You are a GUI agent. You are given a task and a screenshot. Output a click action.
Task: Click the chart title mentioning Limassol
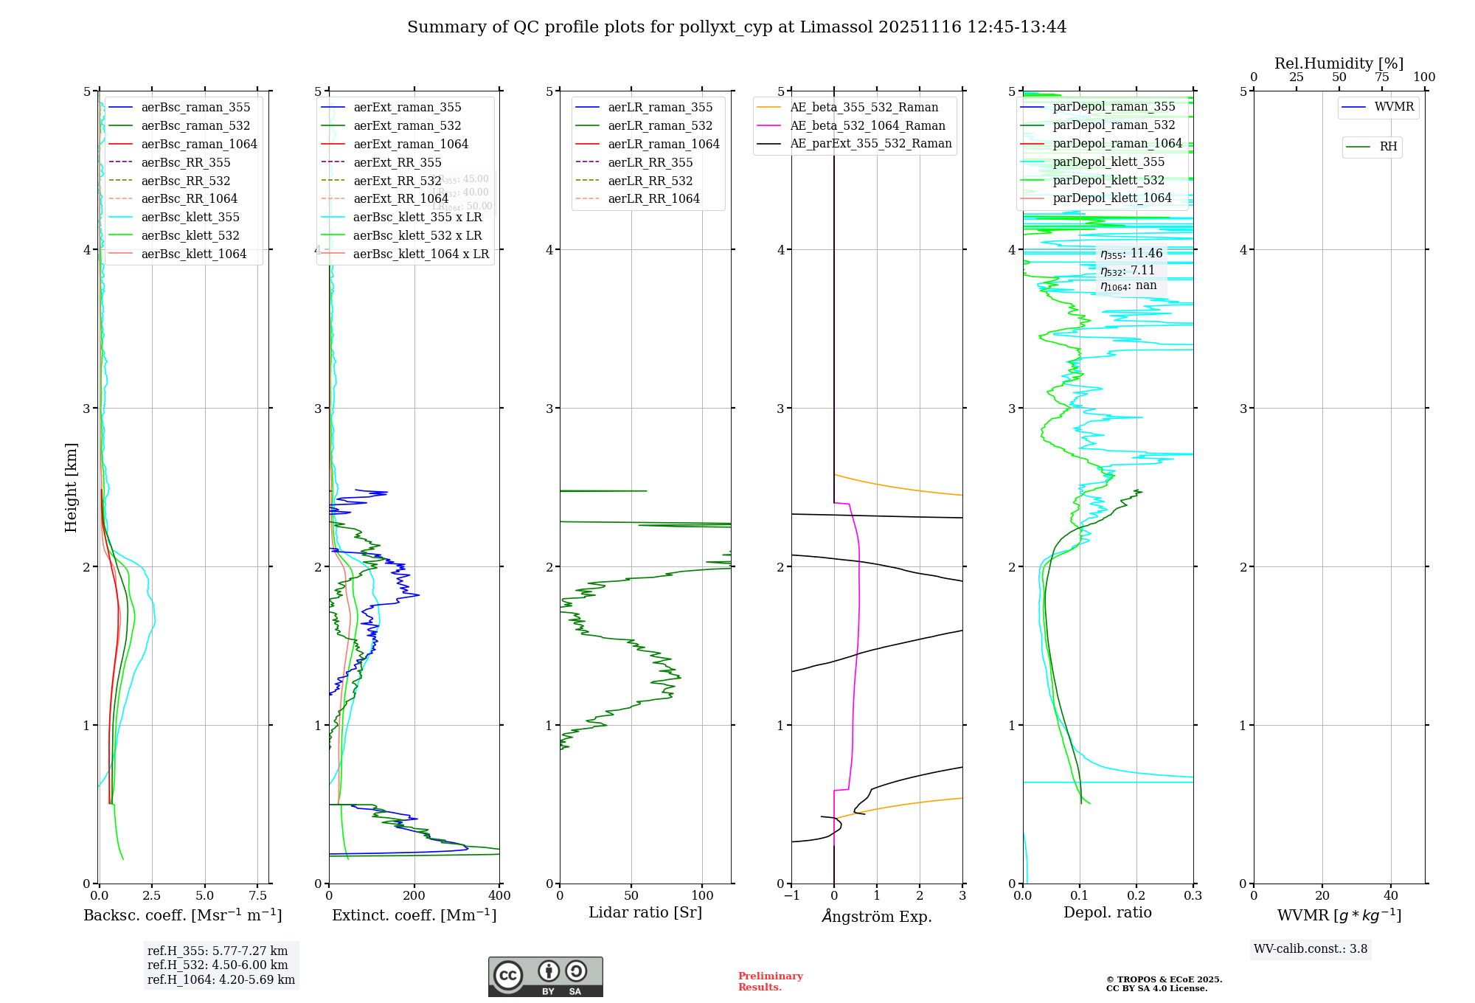click(x=737, y=27)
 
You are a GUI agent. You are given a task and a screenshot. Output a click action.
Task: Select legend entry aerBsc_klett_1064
click(x=193, y=254)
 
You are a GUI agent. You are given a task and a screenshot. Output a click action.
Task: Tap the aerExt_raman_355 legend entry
click(x=407, y=108)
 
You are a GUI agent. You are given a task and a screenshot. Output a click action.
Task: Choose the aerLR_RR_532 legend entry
click(x=650, y=181)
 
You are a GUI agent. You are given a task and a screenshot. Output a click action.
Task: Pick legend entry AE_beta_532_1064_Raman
click(x=867, y=125)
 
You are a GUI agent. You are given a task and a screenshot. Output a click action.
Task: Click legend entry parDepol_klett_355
click(x=1108, y=162)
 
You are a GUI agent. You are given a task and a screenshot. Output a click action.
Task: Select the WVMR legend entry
click(x=1394, y=107)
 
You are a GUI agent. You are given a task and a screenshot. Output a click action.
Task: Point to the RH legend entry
click(x=1388, y=147)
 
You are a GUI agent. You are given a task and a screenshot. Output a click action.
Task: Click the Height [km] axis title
click(x=71, y=487)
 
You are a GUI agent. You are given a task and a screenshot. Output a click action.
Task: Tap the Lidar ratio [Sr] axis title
click(x=645, y=912)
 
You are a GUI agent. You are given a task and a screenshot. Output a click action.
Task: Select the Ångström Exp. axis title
click(x=877, y=916)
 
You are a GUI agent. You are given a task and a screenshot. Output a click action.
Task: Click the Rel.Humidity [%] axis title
click(x=1339, y=63)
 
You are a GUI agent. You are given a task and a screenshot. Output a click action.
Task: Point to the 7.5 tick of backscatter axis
click(x=257, y=895)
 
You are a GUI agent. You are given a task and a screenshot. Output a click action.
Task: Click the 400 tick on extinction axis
click(x=499, y=895)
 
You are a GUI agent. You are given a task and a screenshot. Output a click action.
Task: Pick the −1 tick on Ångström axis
click(x=791, y=895)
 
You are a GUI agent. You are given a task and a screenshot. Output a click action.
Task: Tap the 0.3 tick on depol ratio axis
click(x=1193, y=895)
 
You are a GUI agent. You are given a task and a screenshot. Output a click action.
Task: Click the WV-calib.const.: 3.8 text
click(x=1311, y=949)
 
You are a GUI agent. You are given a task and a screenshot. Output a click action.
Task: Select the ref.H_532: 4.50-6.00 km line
click(x=218, y=965)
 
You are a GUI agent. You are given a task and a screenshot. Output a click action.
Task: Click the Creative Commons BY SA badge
click(x=545, y=976)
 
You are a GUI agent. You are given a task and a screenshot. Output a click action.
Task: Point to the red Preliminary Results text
click(x=770, y=981)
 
